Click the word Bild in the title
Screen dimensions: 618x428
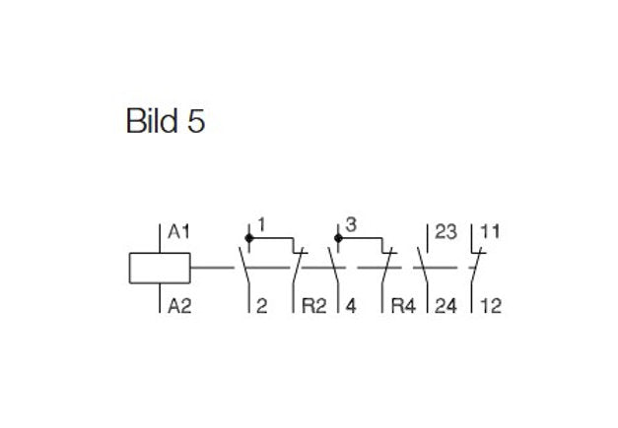point(152,120)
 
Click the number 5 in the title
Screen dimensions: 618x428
point(196,121)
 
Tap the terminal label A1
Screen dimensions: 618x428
point(179,232)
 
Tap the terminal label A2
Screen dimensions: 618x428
point(179,306)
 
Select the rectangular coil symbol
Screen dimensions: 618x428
point(160,268)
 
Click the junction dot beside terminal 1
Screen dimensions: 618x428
point(249,238)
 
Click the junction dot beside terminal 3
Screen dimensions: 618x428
point(338,238)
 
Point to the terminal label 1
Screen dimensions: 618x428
point(262,225)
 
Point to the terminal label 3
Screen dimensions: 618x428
point(351,225)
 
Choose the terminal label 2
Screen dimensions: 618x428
point(262,306)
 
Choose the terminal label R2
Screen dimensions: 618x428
point(314,306)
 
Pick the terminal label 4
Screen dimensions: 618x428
point(351,306)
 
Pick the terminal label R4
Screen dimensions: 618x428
point(403,306)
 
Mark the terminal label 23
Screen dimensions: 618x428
point(446,232)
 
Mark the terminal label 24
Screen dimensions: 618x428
point(446,306)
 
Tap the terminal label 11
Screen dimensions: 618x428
point(490,232)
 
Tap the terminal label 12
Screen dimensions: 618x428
point(491,306)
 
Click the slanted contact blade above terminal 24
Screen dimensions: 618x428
point(423,267)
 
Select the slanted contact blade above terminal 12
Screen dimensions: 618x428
point(476,267)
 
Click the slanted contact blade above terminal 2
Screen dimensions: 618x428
point(244,267)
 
